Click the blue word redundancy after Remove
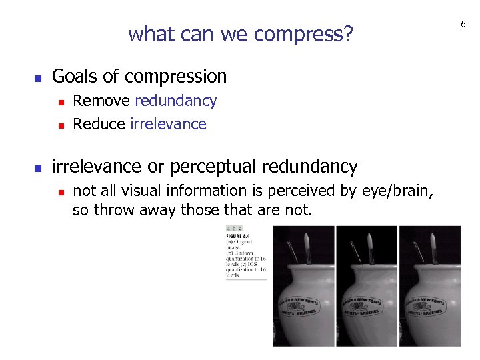pos(176,101)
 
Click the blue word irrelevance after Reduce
pos(169,124)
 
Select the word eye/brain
pos(397,191)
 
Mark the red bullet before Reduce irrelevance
pos(60,125)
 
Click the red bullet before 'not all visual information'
pos(60,192)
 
